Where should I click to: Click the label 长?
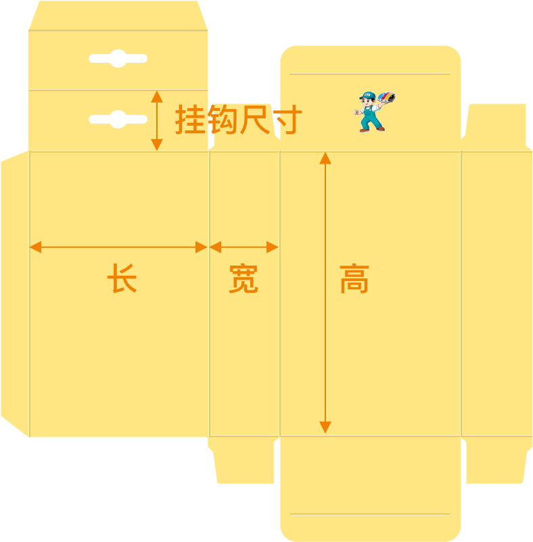tap(122, 278)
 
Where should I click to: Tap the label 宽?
tap(244, 278)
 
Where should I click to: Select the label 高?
tap(354, 278)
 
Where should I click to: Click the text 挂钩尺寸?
tap(238, 120)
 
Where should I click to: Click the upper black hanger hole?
tap(118, 59)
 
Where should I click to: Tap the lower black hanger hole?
tap(118, 120)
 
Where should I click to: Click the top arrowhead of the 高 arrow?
tap(325, 158)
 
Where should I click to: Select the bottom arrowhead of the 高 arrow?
tap(325, 427)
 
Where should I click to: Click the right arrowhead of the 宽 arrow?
tap(273, 247)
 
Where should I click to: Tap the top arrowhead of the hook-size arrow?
tap(157, 97)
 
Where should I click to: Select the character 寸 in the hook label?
tap(286, 120)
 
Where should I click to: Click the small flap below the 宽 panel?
tap(244, 460)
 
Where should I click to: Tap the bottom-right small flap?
tap(496, 460)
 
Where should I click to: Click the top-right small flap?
tap(496, 125)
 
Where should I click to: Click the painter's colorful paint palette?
tap(388, 99)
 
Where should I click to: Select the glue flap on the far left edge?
tap(15, 293)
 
